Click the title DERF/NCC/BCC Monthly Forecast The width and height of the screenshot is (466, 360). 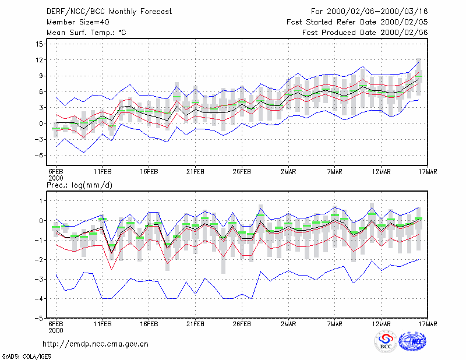click(x=109, y=12)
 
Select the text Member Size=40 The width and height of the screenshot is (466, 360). click(x=78, y=22)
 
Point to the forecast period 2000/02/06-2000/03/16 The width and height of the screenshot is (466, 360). click(x=377, y=12)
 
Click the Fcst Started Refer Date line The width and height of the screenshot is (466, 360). click(x=357, y=22)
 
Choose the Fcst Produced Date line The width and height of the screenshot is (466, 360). click(x=365, y=33)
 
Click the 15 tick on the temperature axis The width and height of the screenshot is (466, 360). click(x=39, y=44)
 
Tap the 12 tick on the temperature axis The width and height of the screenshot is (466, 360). click(x=39, y=60)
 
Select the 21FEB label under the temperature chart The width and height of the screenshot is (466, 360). click(x=195, y=172)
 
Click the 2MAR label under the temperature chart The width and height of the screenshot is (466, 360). click(x=288, y=172)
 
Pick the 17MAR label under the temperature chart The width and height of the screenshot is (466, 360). click(x=428, y=172)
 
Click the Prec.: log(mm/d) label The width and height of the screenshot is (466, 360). click(x=79, y=185)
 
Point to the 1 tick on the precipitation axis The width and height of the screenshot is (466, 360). click(x=41, y=201)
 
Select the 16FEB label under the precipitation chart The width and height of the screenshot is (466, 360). click(x=149, y=324)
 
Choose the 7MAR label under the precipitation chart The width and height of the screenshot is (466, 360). click(x=334, y=324)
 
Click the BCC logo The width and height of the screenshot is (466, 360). click(x=386, y=342)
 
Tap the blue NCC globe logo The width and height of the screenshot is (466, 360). click(x=412, y=341)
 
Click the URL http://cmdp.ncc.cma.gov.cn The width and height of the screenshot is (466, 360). click(x=96, y=344)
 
